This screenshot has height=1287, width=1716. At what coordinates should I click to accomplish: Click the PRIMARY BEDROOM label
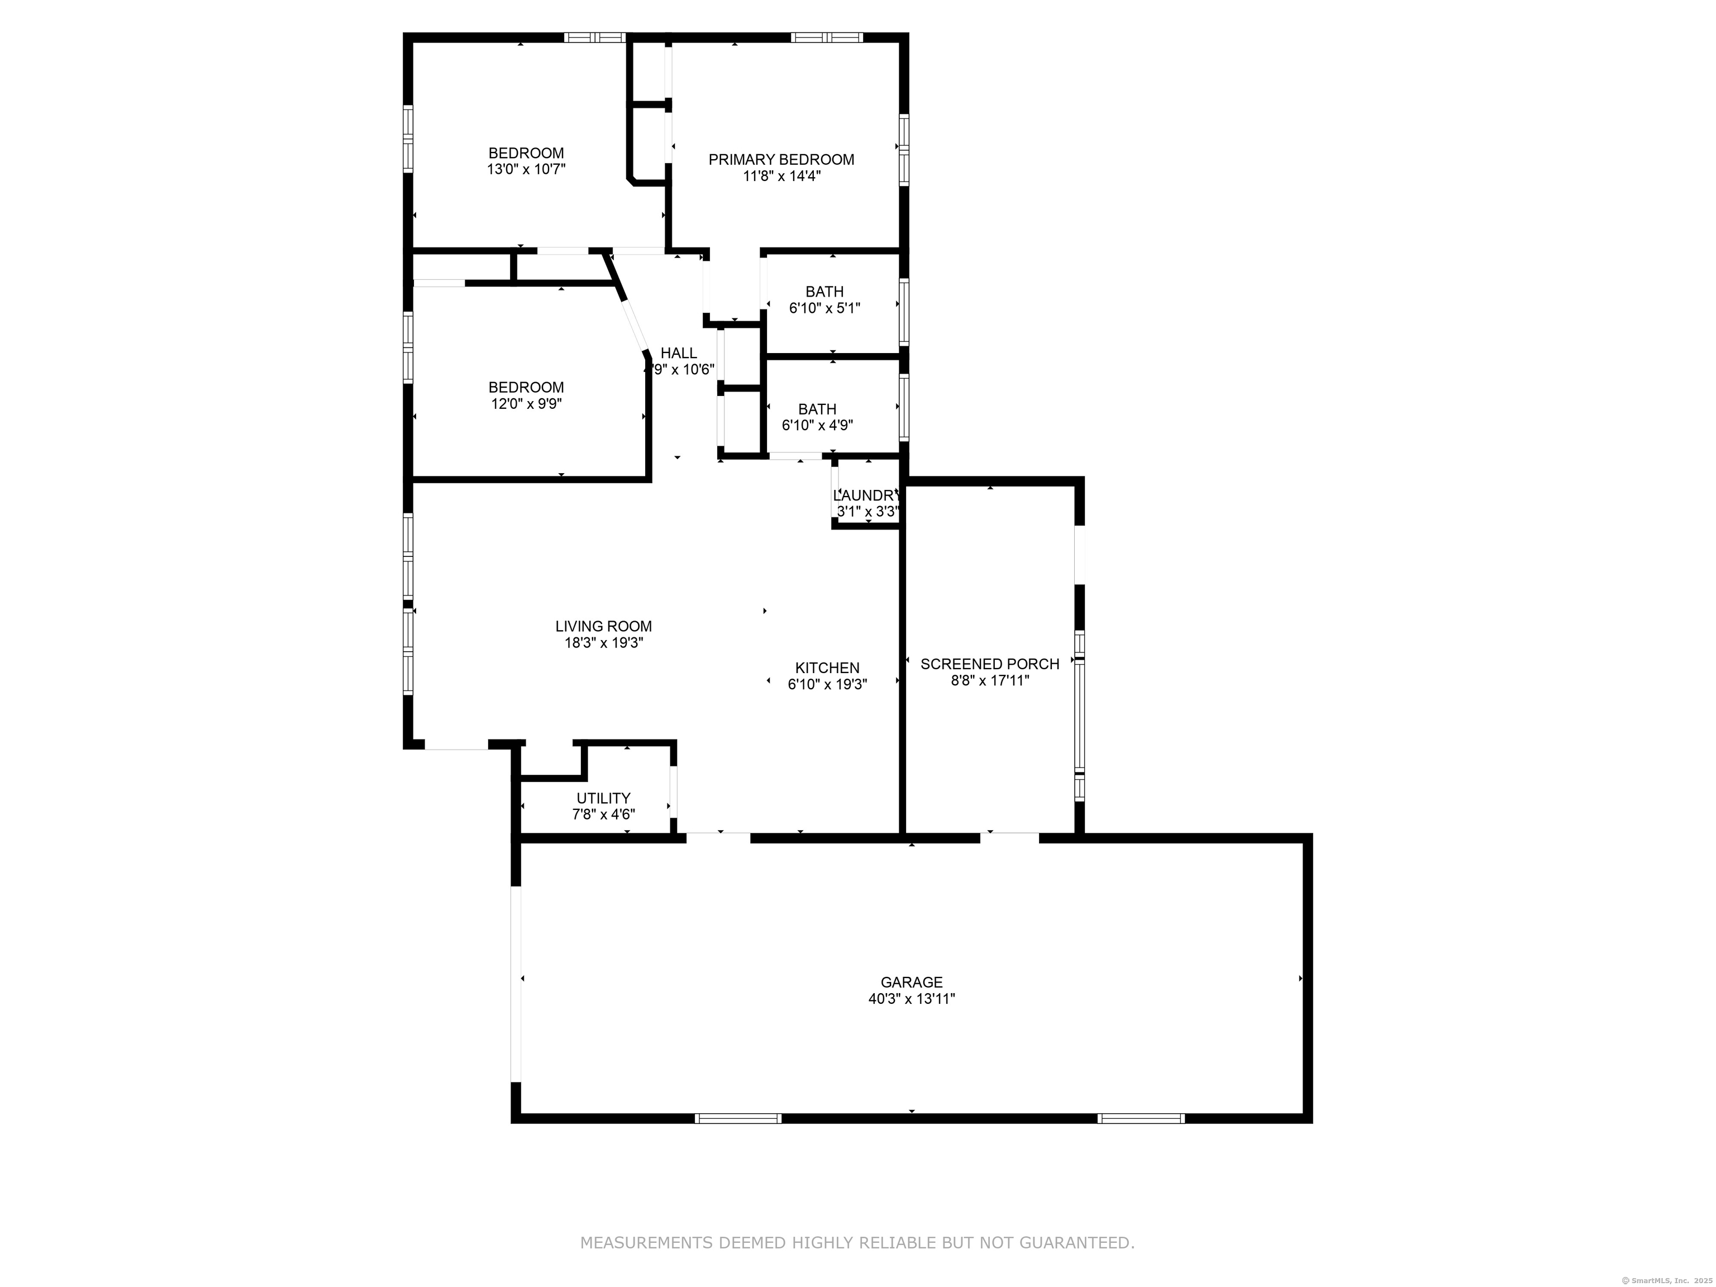(781, 160)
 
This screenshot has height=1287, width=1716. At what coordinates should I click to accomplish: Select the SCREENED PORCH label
(990, 664)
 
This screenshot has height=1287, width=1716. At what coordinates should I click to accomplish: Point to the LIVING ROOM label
(603, 626)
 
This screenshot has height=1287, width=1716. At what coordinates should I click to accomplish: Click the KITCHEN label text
(827, 668)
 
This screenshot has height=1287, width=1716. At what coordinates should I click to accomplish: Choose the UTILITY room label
(603, 798)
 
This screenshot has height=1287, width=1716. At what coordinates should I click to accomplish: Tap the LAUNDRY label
(866, 495)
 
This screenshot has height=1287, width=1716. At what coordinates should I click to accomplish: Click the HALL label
(679, 353)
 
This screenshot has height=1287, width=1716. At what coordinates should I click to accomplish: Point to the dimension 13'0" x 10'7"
(526, 169)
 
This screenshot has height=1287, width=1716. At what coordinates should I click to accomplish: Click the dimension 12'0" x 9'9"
(526, 403)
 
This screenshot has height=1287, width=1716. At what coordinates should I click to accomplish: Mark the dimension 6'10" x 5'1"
(824, 308)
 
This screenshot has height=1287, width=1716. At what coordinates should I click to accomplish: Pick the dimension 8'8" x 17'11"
(990, 680)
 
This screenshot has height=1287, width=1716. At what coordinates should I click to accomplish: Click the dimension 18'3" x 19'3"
(603, 642)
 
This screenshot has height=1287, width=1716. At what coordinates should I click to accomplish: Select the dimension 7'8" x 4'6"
(603, 814)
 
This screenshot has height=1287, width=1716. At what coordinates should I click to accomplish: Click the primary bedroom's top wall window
(827, 37)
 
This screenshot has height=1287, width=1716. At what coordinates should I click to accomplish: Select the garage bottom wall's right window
(1141, 1118)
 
